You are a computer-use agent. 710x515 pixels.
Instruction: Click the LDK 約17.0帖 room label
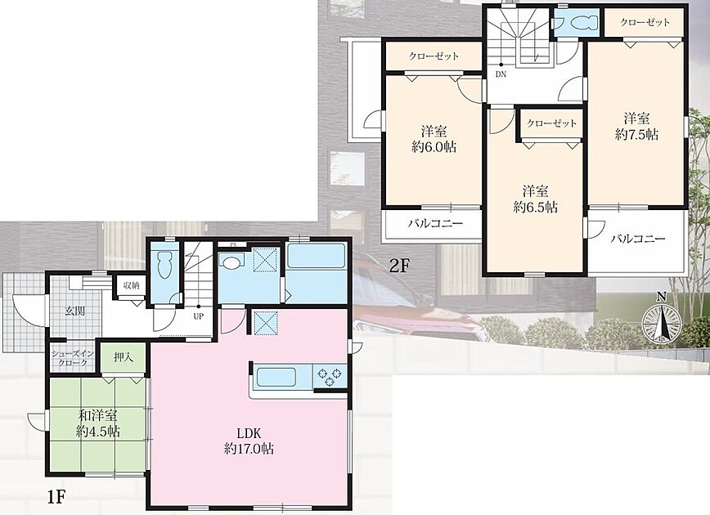(249, 441)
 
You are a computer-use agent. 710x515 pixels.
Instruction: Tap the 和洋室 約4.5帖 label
(98, 423)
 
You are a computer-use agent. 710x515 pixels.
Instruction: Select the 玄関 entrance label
(75, 311)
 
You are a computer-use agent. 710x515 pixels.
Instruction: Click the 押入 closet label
(124, 357)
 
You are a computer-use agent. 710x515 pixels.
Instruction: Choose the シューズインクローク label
(73, 358)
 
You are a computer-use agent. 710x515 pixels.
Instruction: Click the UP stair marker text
(198, 316)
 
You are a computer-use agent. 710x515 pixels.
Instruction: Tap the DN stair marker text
(501, 74)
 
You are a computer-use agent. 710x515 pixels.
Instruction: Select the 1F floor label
(57, 497)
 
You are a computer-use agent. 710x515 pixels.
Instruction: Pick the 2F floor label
(399, 266)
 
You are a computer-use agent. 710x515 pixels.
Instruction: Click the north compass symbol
(662, 320)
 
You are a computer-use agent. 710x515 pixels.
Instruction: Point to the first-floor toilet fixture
(163, 266)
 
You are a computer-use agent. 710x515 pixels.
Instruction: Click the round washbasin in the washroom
(231, 262)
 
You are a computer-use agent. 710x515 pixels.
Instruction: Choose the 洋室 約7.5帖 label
(636, 127)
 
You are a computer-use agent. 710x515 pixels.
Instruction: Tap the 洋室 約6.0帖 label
(434, 140)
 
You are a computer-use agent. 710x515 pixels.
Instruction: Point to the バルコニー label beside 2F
(435, 223)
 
